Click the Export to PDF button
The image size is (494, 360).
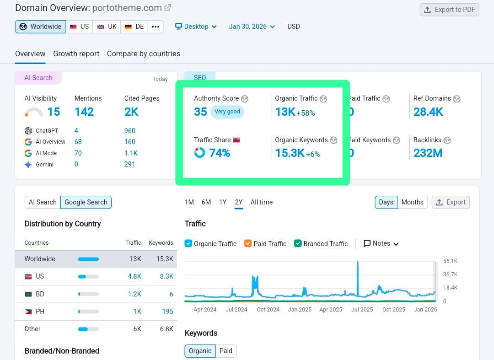[x=449, y=10]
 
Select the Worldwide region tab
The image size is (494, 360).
[x=40, y=27]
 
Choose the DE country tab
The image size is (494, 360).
[x=134, y=27]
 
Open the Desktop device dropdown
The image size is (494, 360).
[x=196, y=27]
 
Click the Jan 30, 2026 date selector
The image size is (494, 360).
[x=252, y=27]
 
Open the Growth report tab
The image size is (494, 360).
[x=76, y=54]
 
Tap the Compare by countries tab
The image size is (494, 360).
[x=143, y=54]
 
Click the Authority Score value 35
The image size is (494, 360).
[x=200, y=112]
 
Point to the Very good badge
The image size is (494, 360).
[x=227, y=112]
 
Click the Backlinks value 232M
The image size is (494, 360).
[x=428, y=153]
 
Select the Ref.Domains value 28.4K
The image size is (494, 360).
[x=428, y=112]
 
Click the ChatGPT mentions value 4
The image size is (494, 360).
[x=76, y=131]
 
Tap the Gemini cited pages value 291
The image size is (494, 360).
[x=129, y=164]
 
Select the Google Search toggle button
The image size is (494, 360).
[x=86, y=202]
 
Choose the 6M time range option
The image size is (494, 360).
[x=206, y=202]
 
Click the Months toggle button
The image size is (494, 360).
[x=412, y=202]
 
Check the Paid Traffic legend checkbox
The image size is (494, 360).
[x=248, y=243]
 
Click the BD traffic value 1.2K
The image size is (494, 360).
[x=134, y=294]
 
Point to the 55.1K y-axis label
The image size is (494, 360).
[x=450, y=261]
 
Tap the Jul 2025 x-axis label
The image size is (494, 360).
[x=362, y=310]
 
